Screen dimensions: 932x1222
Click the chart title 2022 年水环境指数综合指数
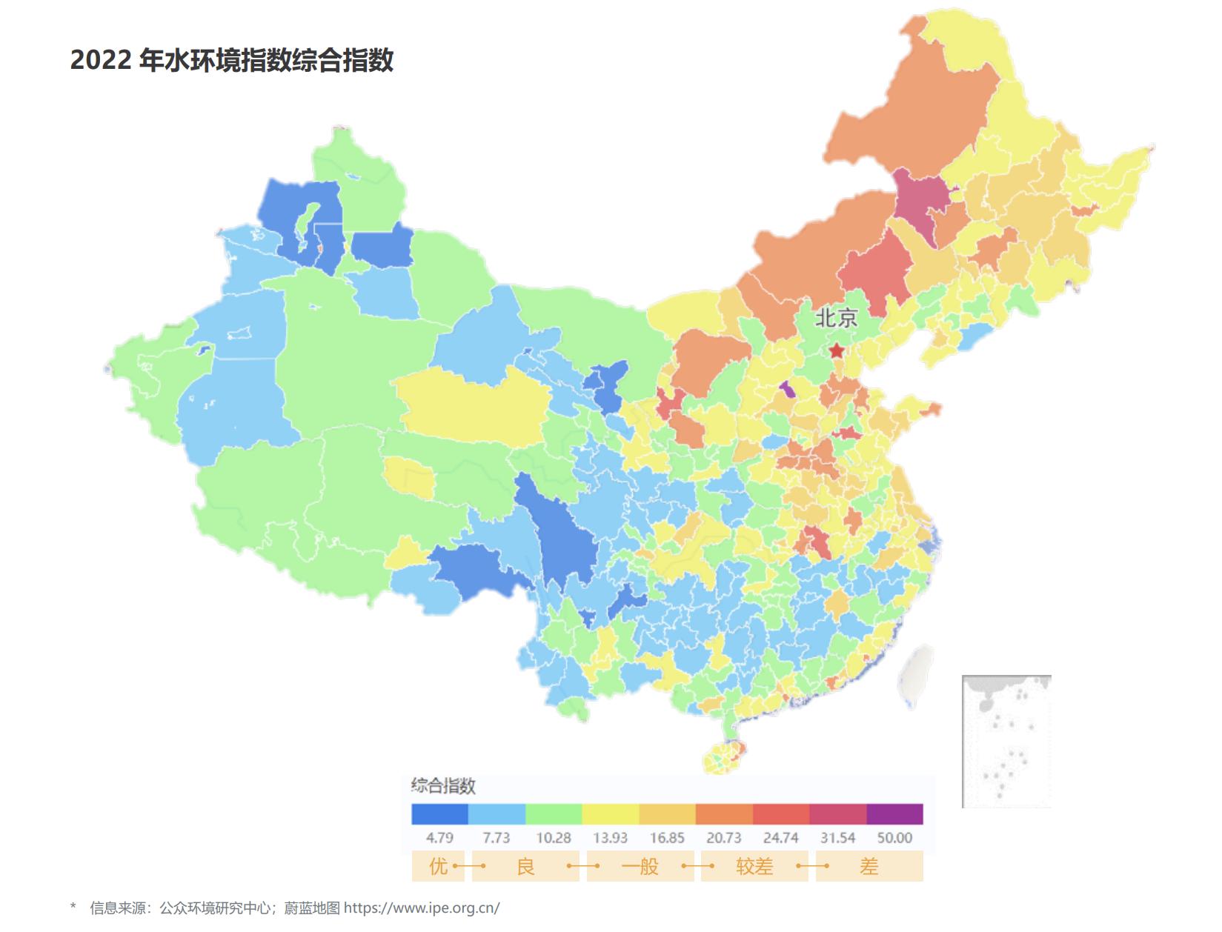(231, 61)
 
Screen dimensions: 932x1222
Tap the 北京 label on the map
(836, 319)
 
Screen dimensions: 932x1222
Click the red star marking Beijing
(837, 350)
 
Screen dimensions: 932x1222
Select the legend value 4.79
(439, 838)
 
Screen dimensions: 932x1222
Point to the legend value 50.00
(894, 838)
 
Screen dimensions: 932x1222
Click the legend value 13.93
(610, 838)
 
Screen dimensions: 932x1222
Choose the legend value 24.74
(780, 838)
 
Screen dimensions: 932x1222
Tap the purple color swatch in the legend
(894, 814)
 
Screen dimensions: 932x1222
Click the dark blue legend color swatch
(439, 814)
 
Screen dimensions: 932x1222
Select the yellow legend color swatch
(610, 814)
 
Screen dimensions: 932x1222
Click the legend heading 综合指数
(443, 786)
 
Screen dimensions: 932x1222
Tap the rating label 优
(438, 866)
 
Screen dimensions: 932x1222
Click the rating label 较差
(754, 866)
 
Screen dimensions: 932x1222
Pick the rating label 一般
(640, 866)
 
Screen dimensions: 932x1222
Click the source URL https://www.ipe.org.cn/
(422, 908)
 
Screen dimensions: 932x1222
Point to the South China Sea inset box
(1006, 741)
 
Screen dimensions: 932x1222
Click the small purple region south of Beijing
(787, 389)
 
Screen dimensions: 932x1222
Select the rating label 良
(525, 866)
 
